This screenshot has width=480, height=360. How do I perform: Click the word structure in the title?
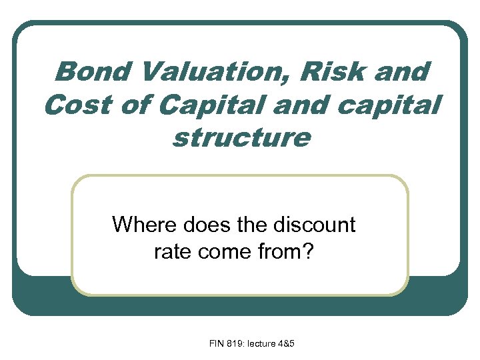241,138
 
